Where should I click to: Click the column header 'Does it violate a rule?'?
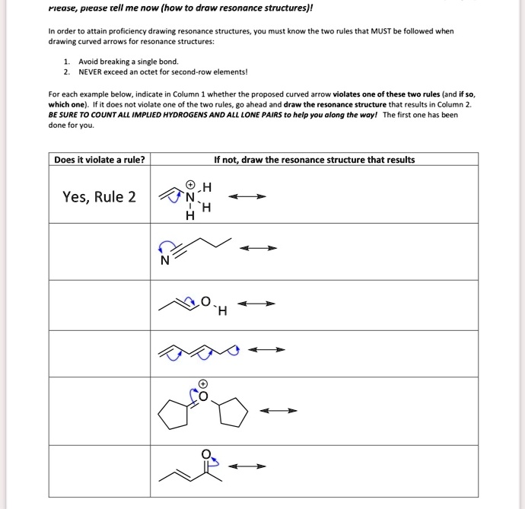[99, 160]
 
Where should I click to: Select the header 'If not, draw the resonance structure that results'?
[314, 160]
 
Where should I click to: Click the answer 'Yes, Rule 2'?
[100, 197]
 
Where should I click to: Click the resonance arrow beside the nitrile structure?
[259, 248]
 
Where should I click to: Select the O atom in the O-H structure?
[205, 301]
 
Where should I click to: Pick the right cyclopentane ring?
[233, 413]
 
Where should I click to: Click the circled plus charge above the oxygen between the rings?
[203, 383]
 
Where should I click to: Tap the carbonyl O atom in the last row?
[205, 454]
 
